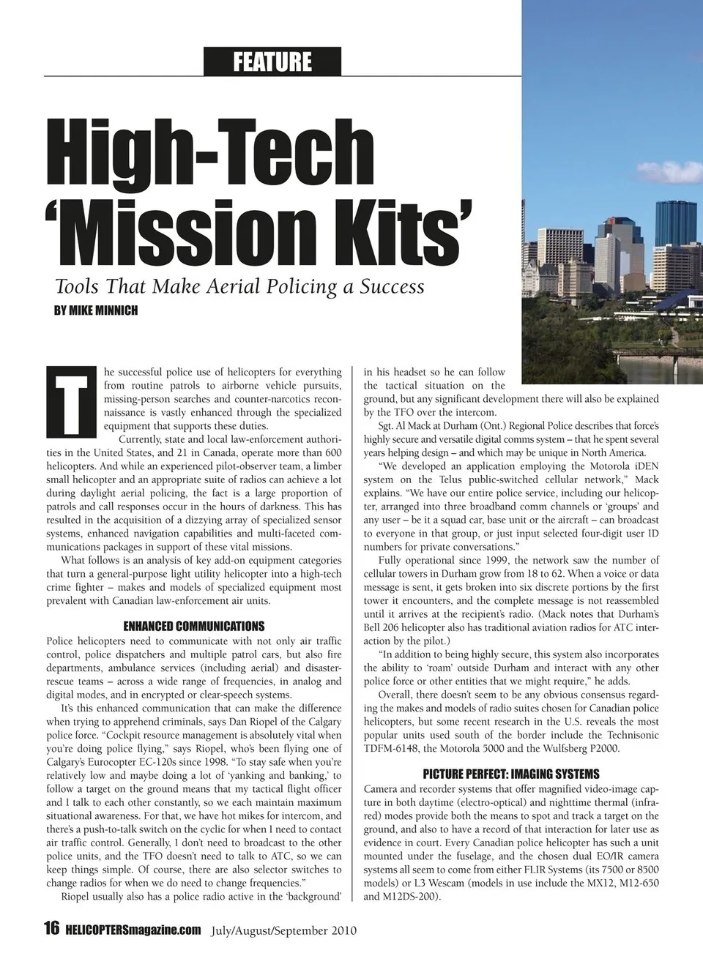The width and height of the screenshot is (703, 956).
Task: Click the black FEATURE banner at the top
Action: [272, 61]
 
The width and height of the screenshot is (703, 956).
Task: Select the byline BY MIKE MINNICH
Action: [96, 310]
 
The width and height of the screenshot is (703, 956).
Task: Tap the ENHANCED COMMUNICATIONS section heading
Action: [194, 627]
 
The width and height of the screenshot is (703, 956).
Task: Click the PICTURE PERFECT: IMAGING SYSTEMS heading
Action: [511, 774]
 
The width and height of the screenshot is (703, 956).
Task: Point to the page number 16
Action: [51, 930]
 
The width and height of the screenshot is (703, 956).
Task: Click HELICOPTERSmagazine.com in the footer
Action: [133, 930]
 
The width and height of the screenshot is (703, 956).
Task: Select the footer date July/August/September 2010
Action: [283, 931]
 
